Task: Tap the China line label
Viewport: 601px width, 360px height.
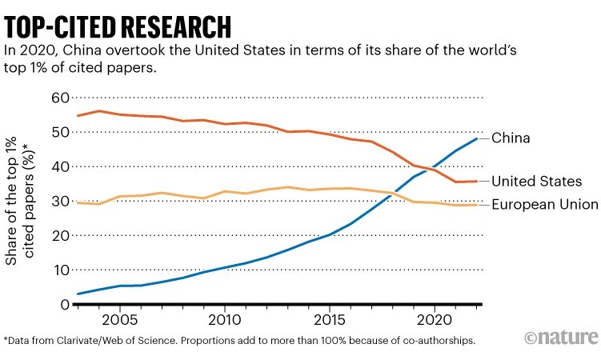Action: (x=511, y=138)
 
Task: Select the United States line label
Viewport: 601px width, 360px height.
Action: (x=536, y=182)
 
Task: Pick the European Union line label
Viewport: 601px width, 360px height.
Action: (x=543, y=205)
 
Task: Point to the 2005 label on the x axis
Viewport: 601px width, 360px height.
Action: (x=119, y=318)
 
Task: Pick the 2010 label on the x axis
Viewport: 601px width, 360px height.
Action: (x=224, y=318)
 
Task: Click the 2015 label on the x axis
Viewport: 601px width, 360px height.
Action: (x=329, y=318)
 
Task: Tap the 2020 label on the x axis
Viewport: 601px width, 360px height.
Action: (x=435, y=318)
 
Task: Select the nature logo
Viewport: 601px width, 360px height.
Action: (x=561, y=336)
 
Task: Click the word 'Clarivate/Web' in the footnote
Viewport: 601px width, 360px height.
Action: (x=99, y=339)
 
